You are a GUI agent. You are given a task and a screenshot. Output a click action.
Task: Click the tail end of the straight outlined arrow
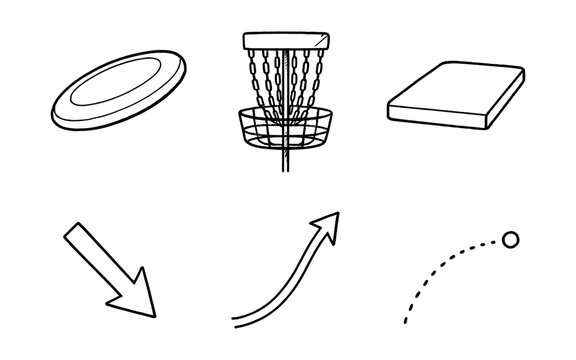[x=71, y=233]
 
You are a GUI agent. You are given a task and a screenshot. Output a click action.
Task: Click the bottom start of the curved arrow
[x=236, y=321]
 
